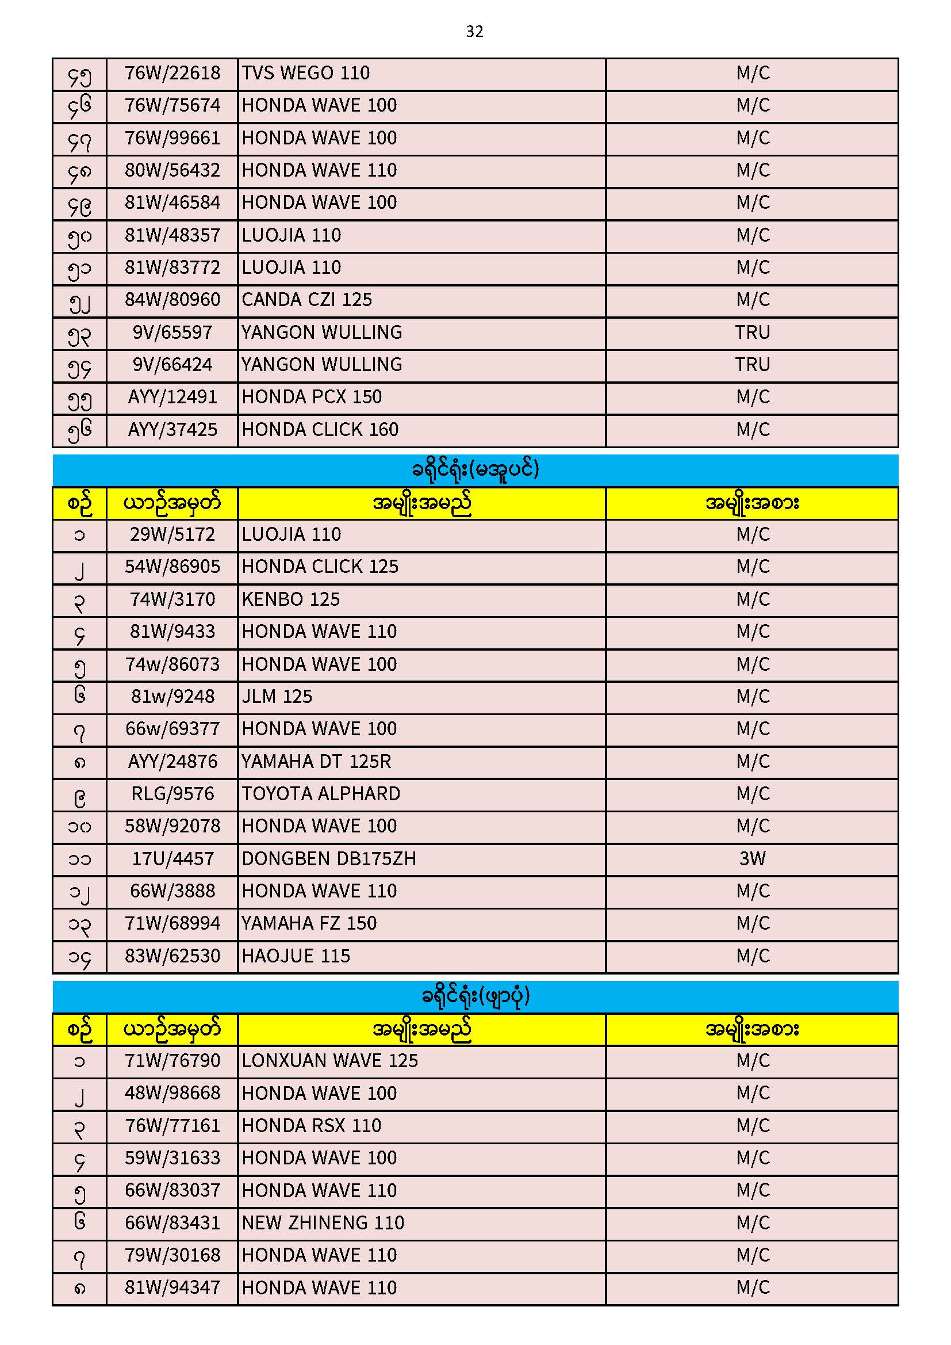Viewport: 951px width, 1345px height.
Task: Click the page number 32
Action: pos(474,32)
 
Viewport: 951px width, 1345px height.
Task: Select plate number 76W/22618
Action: pos(172,73)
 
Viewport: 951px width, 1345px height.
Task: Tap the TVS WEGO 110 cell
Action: pos(306,73)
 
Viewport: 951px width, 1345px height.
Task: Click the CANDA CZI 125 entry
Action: pos(307,300)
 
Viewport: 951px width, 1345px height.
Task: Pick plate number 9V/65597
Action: pos(172,333)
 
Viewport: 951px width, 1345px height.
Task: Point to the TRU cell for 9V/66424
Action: pos(752,365)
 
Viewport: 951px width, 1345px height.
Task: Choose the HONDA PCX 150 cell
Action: pos(312,397)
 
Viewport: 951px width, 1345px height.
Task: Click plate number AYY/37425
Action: pos(172,430)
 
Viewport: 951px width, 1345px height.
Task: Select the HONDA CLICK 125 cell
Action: pos(320,567)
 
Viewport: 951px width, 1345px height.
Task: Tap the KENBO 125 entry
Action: pos(290,599)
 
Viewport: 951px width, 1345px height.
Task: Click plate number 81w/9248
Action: pos(172,697)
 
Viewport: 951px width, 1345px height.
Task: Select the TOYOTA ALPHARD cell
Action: pos(321,794)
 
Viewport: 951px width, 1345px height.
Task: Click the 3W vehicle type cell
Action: pos(752,859)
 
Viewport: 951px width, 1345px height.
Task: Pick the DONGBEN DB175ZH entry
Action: pos(328,859)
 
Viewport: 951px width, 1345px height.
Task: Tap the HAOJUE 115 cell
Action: pos(296,956)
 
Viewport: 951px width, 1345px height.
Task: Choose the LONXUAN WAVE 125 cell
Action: pos(329,1061)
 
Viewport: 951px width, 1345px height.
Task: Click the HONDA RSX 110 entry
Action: pos(312,1126)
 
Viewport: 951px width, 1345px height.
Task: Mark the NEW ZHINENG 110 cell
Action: pos(323,1223)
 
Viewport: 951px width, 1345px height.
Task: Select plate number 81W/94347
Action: pos(172,1287)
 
